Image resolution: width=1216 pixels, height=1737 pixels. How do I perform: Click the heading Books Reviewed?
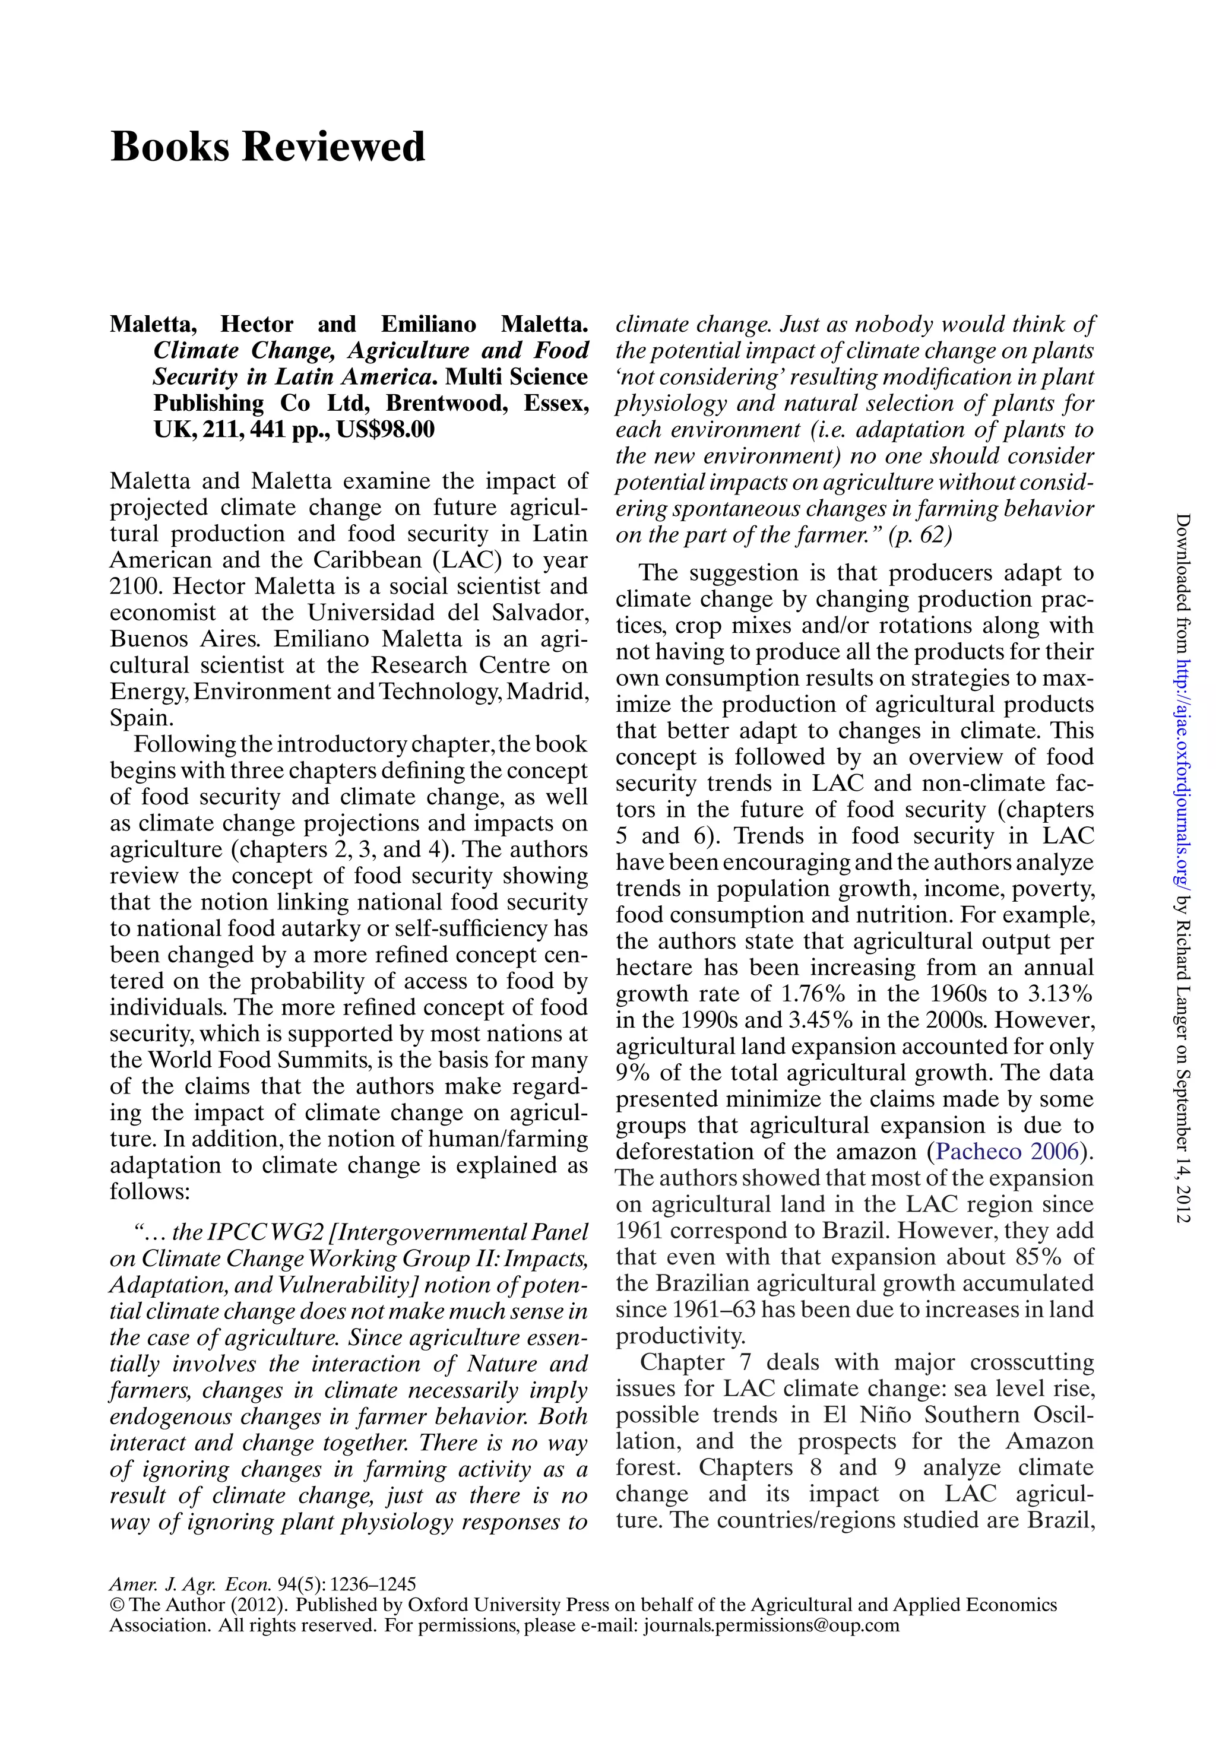point(268,147)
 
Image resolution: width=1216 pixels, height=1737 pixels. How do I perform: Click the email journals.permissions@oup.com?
point(771,1625)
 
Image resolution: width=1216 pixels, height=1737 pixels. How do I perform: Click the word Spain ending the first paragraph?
point(141,718)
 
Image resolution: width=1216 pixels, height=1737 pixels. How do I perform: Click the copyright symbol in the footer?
point(116,1605)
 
